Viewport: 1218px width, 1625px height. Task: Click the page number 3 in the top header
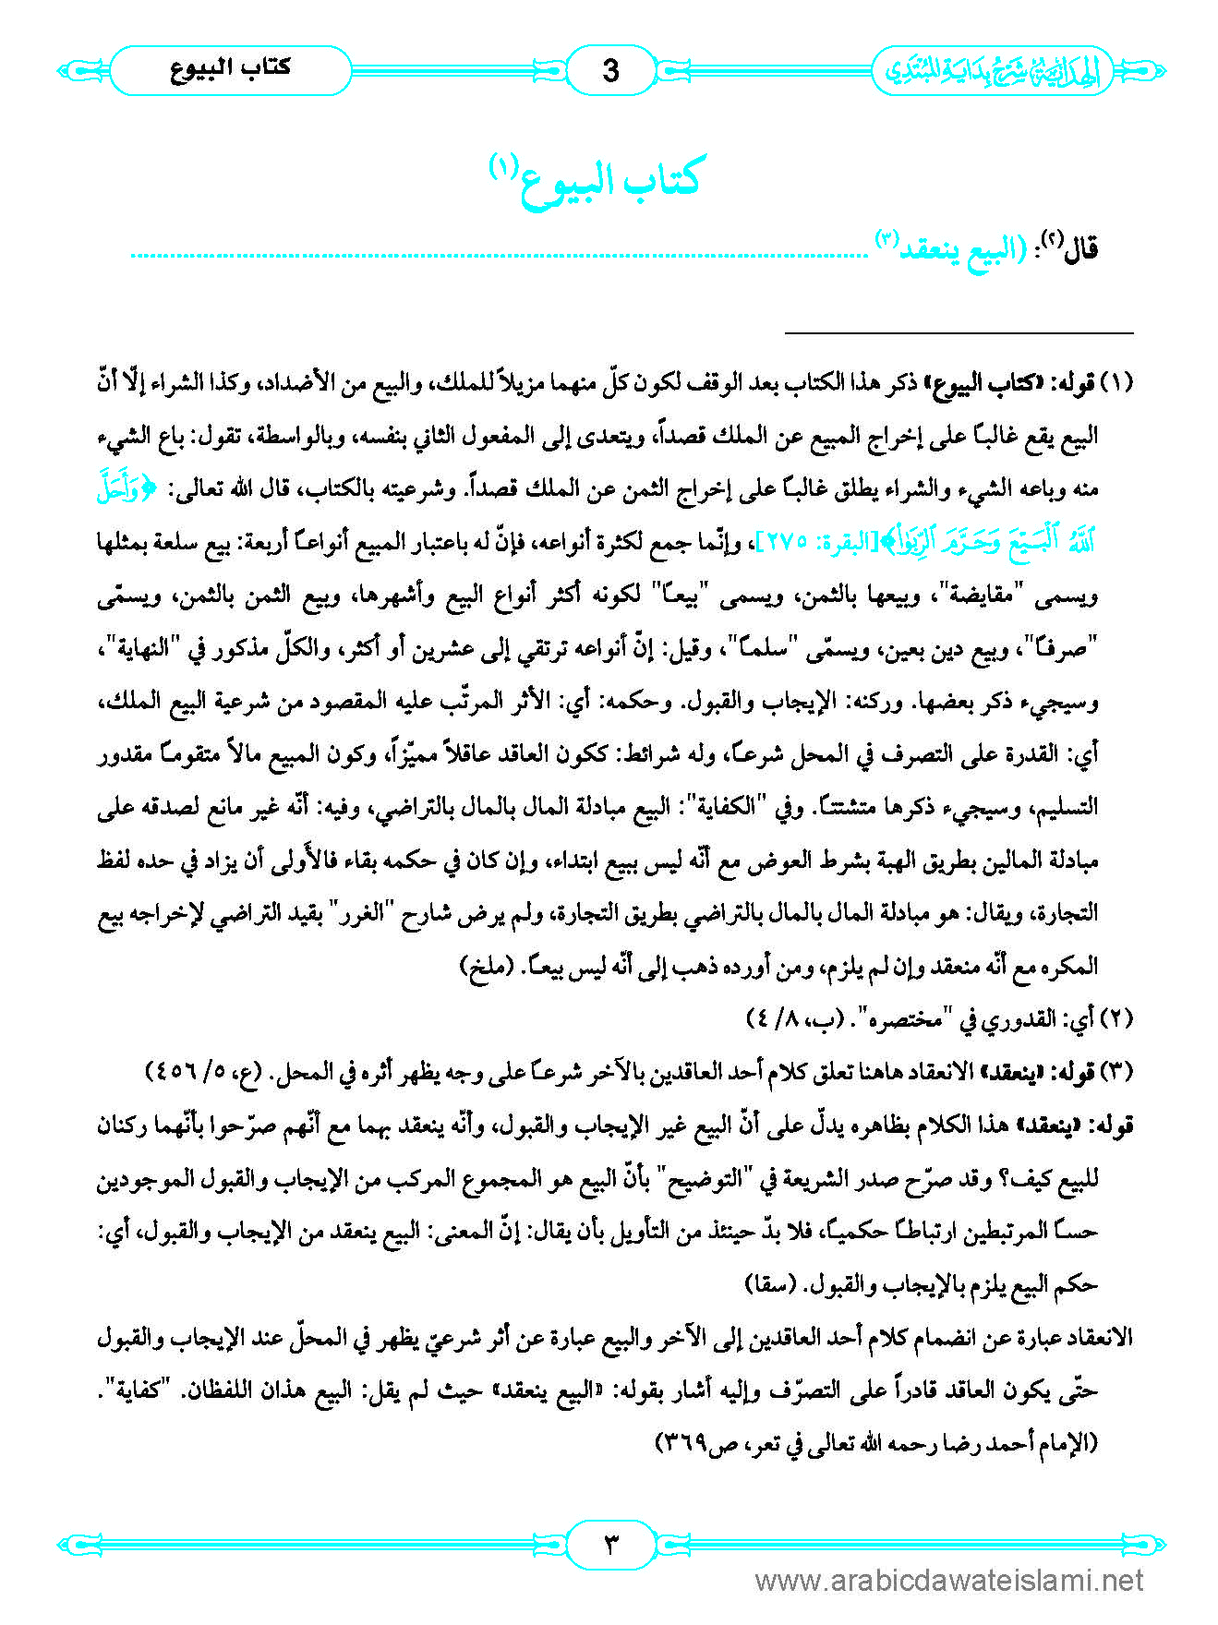[609, 70]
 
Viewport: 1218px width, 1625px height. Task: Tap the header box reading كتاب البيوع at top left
[231, 69]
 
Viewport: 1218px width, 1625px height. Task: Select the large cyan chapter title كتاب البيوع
[609, 177]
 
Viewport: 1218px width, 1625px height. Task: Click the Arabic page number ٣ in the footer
[609, 1543]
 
